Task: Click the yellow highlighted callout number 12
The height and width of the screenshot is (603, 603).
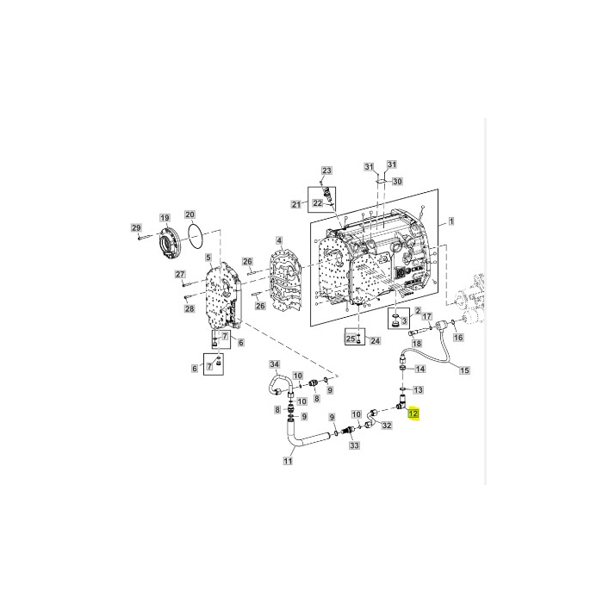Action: pyautogui.click(x=413, y=414)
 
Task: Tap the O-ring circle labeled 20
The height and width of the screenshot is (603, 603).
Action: pyautogui.click(x=196, y=233)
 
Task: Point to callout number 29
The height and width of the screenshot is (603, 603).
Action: pyautogui.click(x=135, y=227)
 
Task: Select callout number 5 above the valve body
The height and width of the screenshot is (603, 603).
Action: pyautogui.click(x=208, y=257)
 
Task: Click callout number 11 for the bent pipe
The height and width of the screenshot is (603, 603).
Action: pyautogui.click(x=289, y=461)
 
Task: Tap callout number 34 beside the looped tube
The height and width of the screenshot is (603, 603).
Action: pyautogui.click(x=275, y=364)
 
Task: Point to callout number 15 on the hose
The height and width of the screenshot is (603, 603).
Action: pyautogui.click(x=464, y=371)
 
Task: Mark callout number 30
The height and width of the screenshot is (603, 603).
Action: pyautogui.click(x=397, y=182)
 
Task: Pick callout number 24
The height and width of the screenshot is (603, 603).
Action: pyautogui.click(x=375, y=341)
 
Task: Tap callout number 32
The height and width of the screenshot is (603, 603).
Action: pyautogui.click(x=387, y=426)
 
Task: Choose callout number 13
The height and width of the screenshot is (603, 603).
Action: pyautogui.click(x=419, y=389)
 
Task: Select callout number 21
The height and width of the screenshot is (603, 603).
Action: pyautogui.click(x=295, y=204)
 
